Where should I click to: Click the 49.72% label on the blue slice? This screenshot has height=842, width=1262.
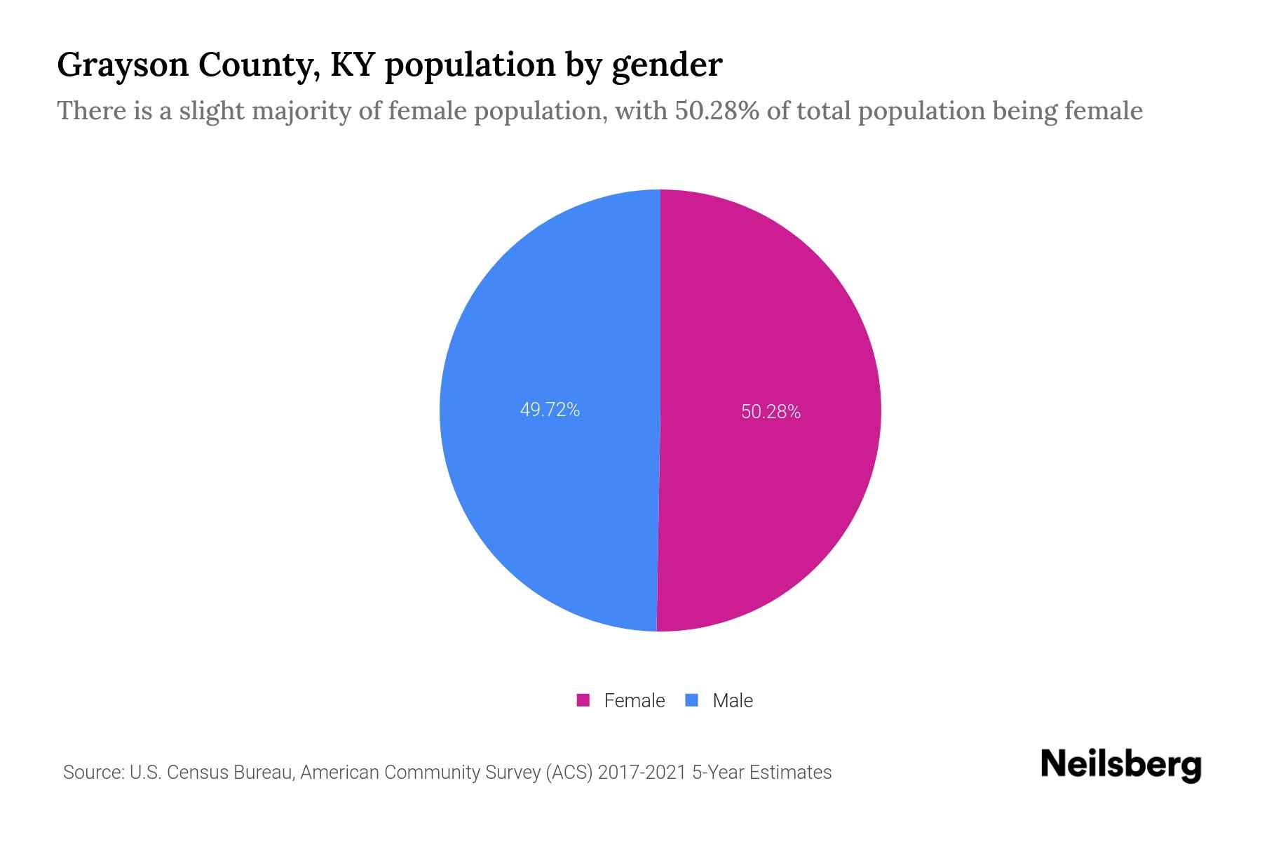(550, 410)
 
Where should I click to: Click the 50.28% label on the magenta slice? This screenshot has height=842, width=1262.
(771, 412)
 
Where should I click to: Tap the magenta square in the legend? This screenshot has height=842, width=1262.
(583, 700)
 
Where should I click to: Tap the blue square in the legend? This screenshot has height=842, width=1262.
(692, 700)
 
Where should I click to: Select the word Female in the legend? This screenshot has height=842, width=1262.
(634, 700)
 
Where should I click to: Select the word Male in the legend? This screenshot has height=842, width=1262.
(732, 700)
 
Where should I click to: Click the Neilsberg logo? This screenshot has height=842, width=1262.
(1120, 765)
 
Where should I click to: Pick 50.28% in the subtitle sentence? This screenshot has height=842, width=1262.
(717, 111)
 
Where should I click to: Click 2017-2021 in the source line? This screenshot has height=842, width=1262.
(642, 773)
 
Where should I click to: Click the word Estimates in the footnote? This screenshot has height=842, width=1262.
(790, 773)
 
